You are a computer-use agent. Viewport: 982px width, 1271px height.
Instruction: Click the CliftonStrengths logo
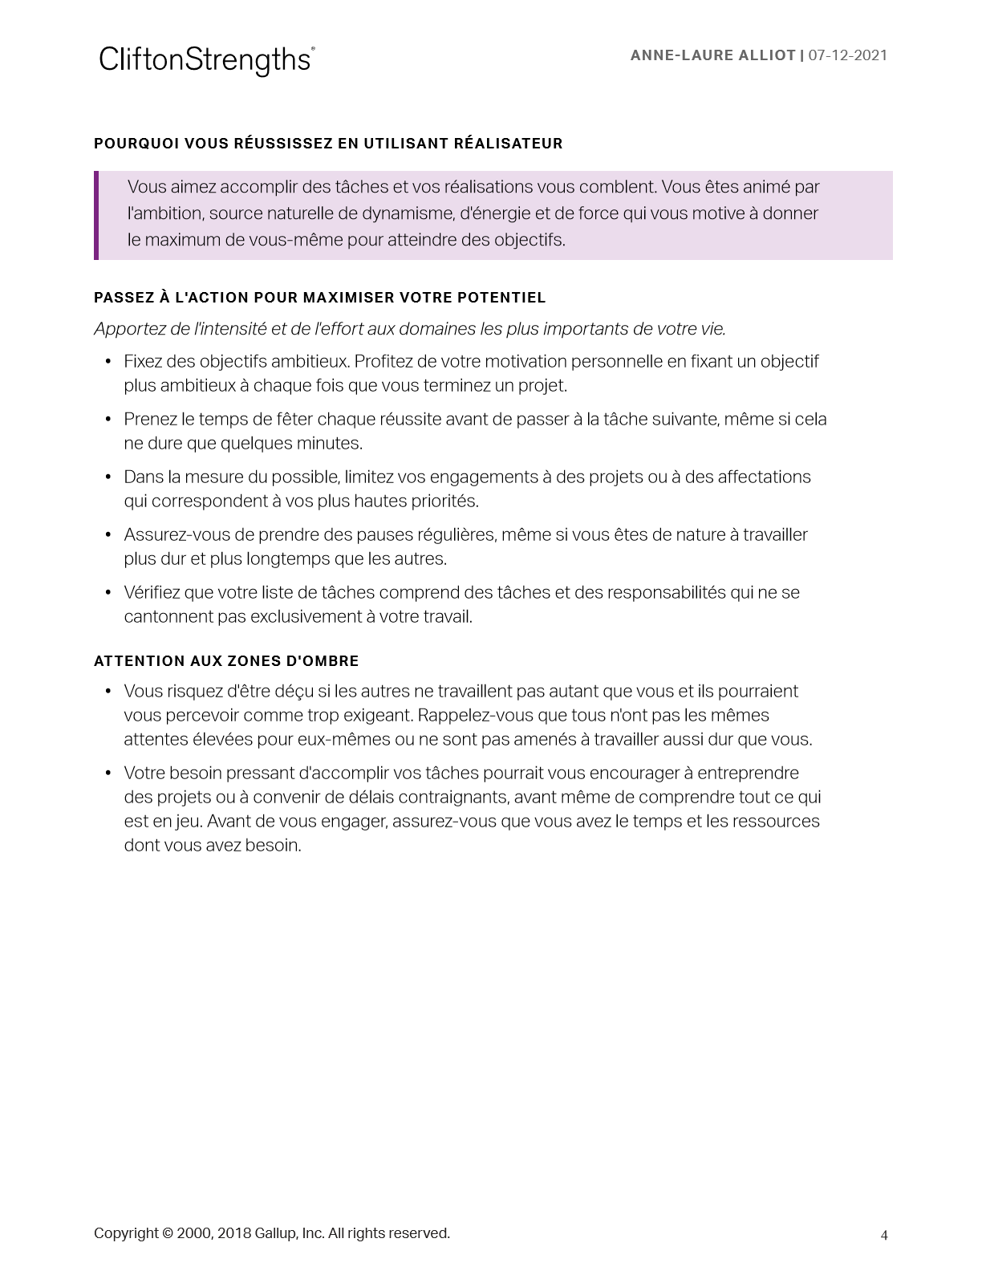206,60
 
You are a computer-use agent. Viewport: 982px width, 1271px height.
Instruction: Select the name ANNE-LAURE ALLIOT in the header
712,55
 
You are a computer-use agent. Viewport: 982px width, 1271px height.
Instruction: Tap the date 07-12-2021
847,55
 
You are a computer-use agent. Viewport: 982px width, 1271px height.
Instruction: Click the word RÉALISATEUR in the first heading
508,144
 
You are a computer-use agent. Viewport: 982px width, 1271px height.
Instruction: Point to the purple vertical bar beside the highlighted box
96,215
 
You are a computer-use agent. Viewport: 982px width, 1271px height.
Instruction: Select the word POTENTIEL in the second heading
501,298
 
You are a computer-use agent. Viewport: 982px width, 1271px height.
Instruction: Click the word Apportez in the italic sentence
129,329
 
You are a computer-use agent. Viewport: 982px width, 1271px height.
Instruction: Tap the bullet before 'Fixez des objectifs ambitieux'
108,362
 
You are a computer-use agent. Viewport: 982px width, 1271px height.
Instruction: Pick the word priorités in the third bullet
442,501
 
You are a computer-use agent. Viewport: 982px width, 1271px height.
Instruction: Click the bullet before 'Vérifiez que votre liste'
108,593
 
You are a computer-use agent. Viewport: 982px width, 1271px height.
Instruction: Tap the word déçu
294,692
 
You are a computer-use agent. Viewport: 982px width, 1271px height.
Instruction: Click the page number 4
884,1236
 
